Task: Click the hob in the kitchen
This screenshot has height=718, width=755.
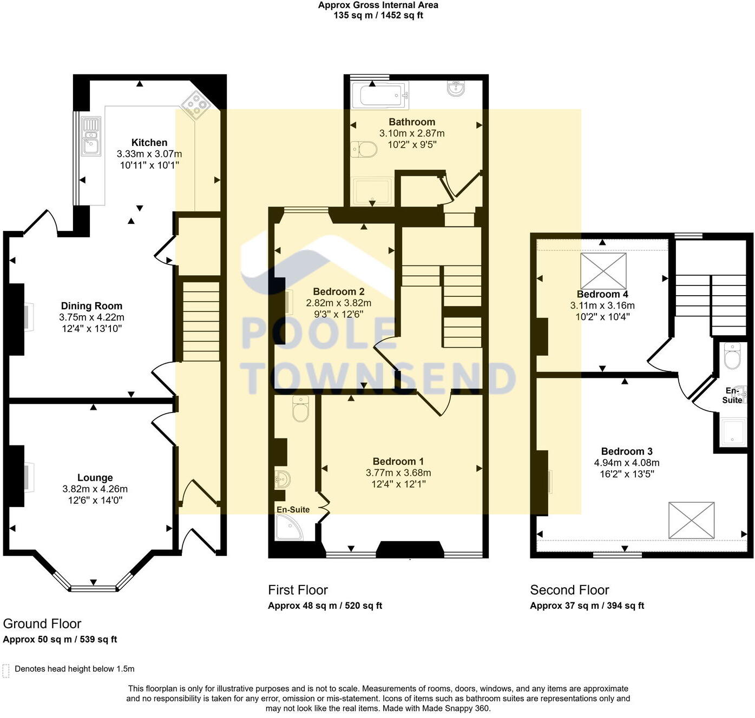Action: (x=196, y=104)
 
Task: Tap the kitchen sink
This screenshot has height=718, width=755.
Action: (x=91, y=136)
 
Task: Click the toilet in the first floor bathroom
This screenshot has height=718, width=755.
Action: (x=364, y=149)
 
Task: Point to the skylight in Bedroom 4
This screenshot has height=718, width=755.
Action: (x=603, y=271)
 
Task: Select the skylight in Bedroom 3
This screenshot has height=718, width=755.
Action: (x=691, y=520)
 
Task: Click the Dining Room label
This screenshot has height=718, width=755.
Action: (x=91, y=306)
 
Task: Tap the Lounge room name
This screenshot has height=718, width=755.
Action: (x=95, y=478)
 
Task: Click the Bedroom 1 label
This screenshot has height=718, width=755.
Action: (x=398, y=461)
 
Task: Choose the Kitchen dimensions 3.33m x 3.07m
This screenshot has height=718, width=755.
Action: (x=149, y=154)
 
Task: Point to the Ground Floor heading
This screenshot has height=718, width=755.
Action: (x=42, y=624)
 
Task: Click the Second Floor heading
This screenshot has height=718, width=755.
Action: (x=569, y=590)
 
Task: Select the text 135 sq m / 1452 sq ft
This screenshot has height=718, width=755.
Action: (x=378, y=16)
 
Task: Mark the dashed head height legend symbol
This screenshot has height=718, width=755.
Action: (x=6, y=670)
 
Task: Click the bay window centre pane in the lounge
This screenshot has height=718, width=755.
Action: (x=93, y=588)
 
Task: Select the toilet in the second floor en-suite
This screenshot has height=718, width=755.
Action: (x=732, y=357)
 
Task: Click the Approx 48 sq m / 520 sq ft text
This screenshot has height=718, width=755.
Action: (x=325, y=606)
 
